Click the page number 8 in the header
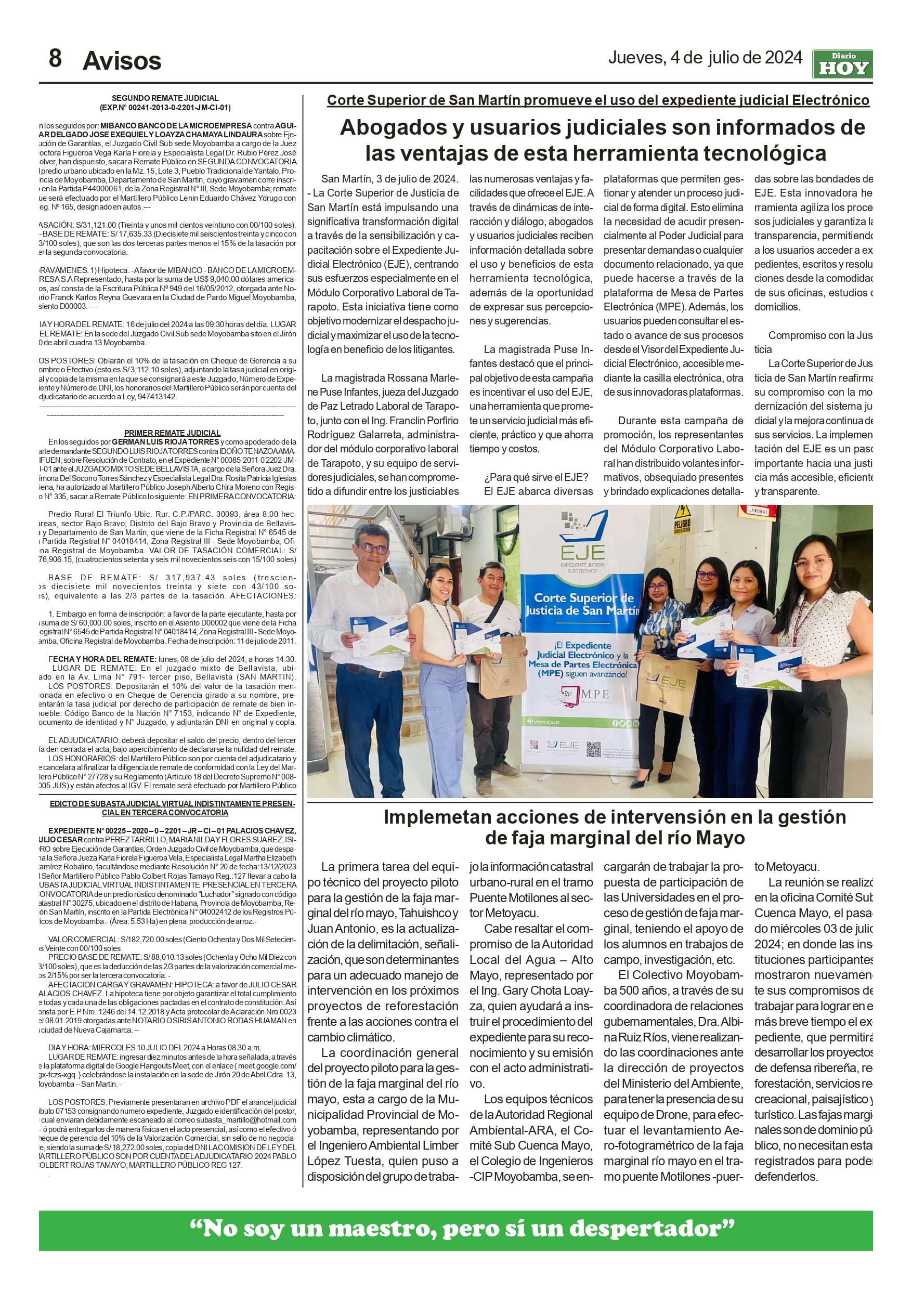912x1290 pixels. click(x=55, y=58)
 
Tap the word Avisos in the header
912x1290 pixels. click(x=122, y=61)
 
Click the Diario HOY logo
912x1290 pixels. click(x=842, y=64)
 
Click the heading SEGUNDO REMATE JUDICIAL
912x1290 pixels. click(x=165, y=98)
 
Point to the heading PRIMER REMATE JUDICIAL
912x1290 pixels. click(x=172, y=433)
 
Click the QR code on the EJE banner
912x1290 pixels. click(x=593, y=749)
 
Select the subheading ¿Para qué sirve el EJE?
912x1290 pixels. click(x=536, y=477)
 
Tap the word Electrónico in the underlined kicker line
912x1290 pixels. click(x=830, y=100)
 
